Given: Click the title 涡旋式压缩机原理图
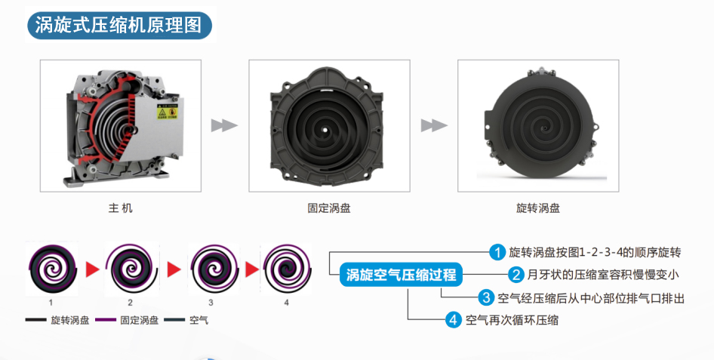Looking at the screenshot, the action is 118,25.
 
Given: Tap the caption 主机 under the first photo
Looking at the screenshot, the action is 120,208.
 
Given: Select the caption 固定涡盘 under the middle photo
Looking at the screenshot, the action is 329,208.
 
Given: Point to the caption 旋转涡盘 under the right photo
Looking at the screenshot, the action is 538,208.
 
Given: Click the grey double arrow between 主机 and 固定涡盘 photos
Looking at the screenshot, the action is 224,125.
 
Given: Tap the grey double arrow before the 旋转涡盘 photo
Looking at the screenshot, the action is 434,125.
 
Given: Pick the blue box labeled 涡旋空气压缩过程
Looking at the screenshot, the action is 401,275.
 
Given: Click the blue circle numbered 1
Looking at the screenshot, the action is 497,252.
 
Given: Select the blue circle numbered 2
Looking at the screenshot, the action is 516,275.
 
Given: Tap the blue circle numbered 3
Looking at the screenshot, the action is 486,297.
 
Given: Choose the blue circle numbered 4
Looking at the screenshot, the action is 453,319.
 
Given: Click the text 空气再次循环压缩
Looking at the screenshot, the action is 512,320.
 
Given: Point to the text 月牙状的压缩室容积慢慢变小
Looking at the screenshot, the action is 603,275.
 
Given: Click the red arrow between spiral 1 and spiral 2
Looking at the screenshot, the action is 92,269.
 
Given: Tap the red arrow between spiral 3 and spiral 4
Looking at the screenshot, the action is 252,269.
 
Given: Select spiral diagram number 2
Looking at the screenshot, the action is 131,269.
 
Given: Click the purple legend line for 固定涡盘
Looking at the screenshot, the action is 106,320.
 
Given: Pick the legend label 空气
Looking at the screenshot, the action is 199,320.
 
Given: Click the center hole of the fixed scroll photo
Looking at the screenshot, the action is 325,129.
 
